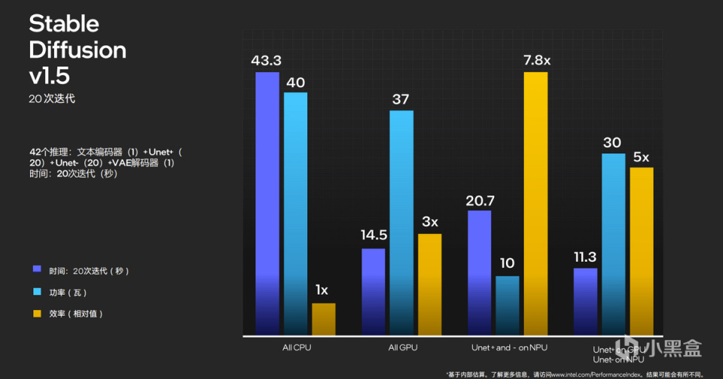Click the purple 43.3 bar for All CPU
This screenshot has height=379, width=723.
267,203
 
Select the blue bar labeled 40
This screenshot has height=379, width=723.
295,214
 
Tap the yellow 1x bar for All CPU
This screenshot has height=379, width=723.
323,319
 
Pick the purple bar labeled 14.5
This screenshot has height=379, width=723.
374,291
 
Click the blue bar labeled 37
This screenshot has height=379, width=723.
401,223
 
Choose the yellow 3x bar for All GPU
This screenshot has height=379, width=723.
429,284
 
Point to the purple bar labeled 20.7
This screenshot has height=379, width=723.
480,272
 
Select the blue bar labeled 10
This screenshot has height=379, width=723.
508,305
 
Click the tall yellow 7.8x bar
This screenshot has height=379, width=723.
535,203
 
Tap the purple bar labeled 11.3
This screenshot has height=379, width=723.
585,301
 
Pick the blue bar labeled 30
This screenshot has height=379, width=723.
613,244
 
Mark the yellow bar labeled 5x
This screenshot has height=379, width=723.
641,250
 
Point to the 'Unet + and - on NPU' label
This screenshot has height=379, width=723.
509,348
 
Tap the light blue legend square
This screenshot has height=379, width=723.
37,290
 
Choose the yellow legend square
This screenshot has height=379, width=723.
37,312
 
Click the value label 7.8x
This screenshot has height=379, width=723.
536,59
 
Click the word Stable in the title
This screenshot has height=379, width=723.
64,23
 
